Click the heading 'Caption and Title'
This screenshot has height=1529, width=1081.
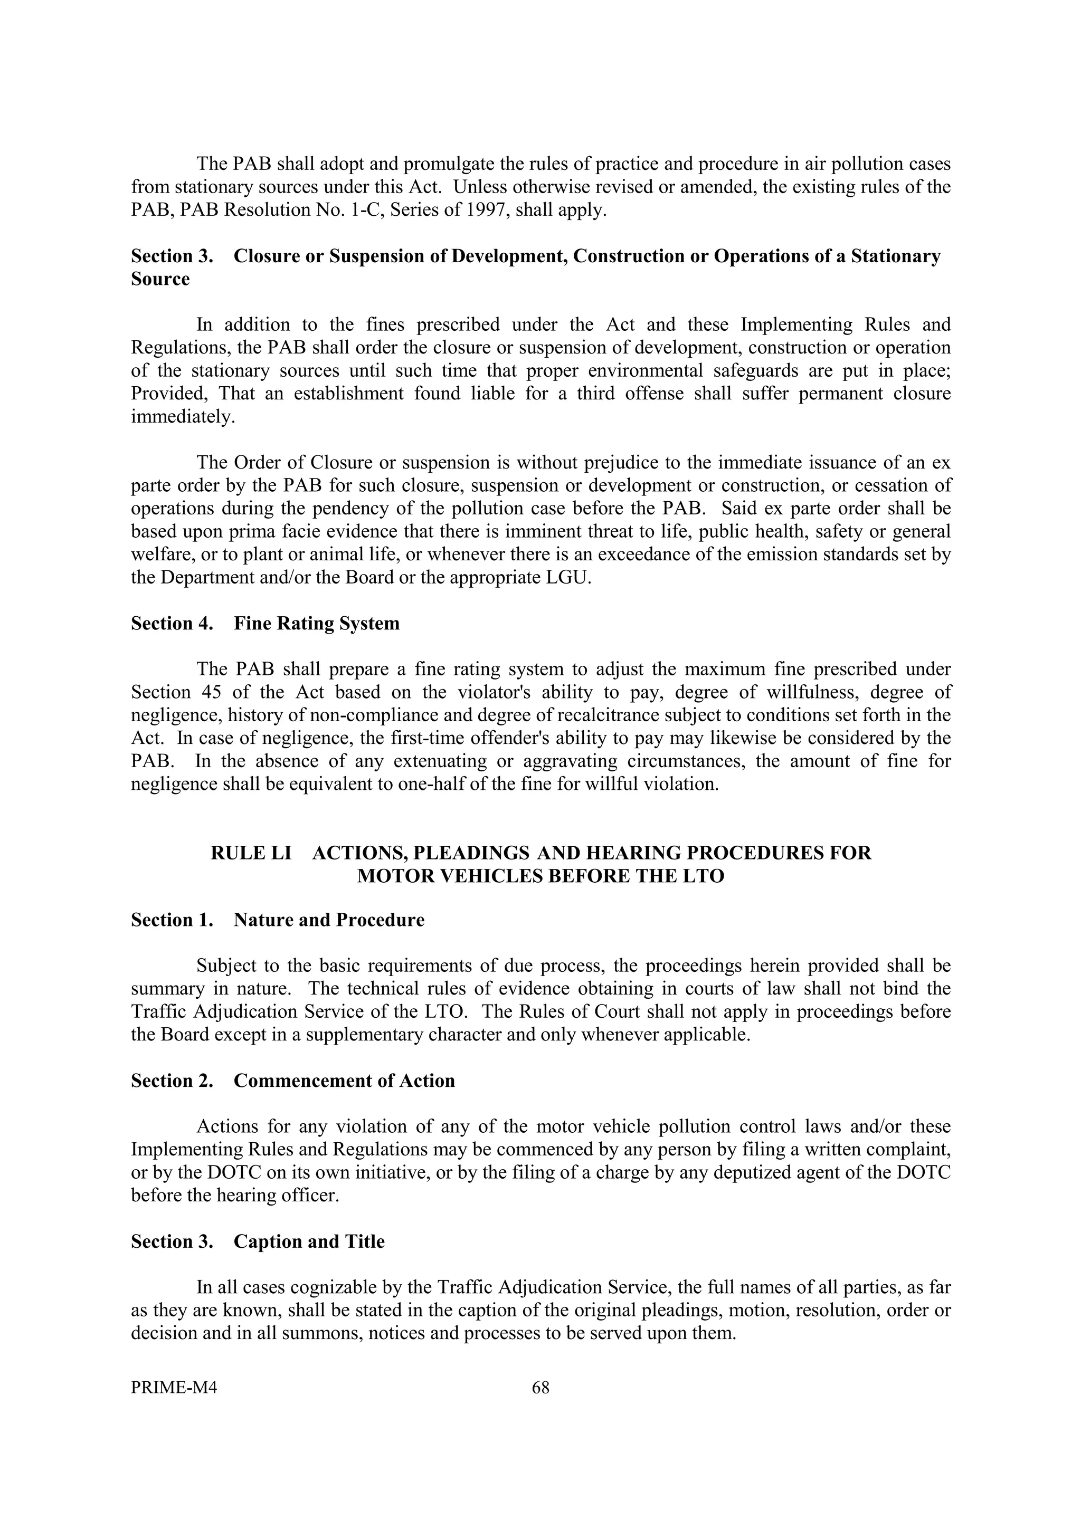309,1241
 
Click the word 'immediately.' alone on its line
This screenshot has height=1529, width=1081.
183,416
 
